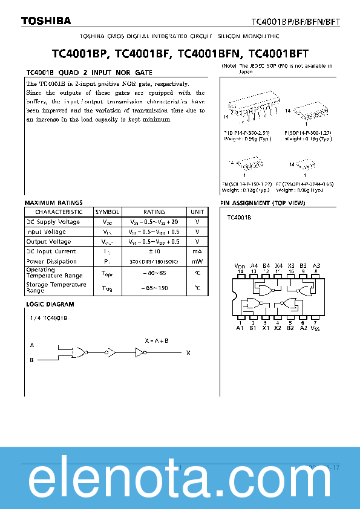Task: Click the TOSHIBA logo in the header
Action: click(47, 21)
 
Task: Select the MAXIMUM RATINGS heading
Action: click(53, 203)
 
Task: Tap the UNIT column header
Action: click(197, 212)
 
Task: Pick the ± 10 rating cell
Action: click(154, 251)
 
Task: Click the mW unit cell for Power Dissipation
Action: click(197, 262)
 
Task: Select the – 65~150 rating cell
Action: click(154, 288)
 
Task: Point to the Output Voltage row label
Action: click(48, 242)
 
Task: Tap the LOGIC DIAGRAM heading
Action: click(50, 305)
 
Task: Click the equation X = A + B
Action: click(157, 341)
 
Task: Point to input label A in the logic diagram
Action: click(31, 345)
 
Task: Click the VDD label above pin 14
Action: click(240, 266)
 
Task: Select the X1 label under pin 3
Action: click(265, 328)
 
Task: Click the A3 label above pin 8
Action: click(316, 266)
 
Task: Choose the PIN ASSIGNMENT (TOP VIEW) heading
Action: click(263, 203)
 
